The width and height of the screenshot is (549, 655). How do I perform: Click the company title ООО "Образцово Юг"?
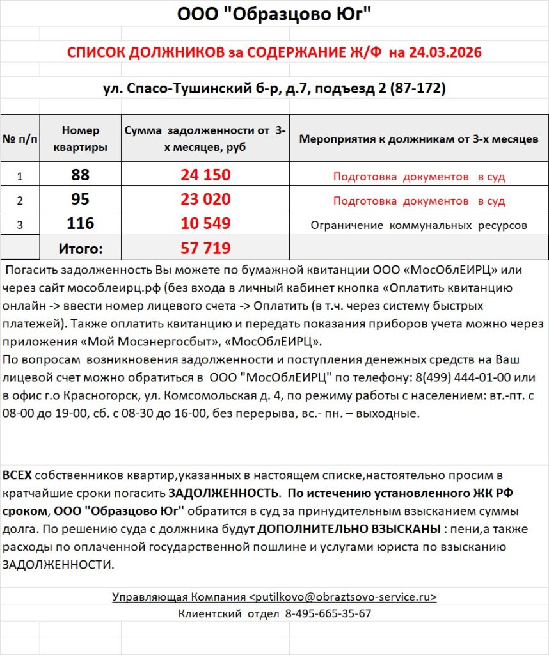tap(274, 13)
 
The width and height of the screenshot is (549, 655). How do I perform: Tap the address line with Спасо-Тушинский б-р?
tap(274, 88)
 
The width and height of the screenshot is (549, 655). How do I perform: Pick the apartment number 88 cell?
tap(81, 175)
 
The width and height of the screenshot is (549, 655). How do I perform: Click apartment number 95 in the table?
tap(81, 199)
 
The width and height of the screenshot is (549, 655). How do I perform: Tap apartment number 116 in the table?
tap(81, 223)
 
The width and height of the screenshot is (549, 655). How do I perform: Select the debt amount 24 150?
tap(205, 175)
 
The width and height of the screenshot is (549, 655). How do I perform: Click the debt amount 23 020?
tap(205, 199)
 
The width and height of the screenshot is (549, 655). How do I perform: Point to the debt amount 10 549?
tap(205, 223)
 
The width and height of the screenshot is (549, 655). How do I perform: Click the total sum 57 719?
tap(205, 248)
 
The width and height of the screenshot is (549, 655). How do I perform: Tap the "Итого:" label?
tap(81, 248)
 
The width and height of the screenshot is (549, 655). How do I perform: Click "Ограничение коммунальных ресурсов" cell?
tap(418, 225)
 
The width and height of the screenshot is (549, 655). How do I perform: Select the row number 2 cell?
tap(20, 200)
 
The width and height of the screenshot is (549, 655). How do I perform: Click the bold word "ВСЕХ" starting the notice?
tap(17, 475)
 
